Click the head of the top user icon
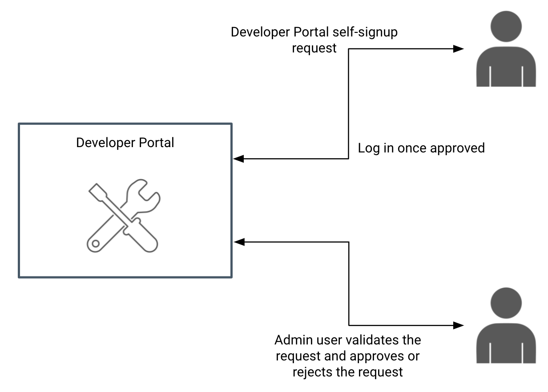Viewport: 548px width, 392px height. pyautogui.click(x=506, y=26)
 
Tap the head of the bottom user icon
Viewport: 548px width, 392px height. pyautogui.click(x=506, y=303)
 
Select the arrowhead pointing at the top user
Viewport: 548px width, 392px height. pyautogui.click(x=458, y=49)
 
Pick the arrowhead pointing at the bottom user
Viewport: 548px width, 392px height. pyautogui.click(x=458, y=325)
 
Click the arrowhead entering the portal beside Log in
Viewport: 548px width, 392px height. pyautogui.click(x=239, y=158)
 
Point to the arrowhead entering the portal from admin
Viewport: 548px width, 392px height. pyautogui.click(x=239, y=242)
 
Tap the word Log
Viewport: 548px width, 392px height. pyautogui.click(x=369, y=148)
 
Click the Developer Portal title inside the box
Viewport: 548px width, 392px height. pyautogui.click(x=125, y=143)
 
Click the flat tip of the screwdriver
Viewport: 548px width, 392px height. pyautogui.click(x=94, y=190)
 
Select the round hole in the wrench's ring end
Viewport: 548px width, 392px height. pyautogui.click(x=94, y=243)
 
